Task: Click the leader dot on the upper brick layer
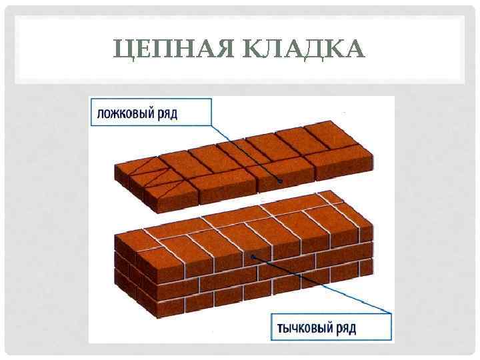tap(281, 181)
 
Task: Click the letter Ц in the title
tap(124, 49)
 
